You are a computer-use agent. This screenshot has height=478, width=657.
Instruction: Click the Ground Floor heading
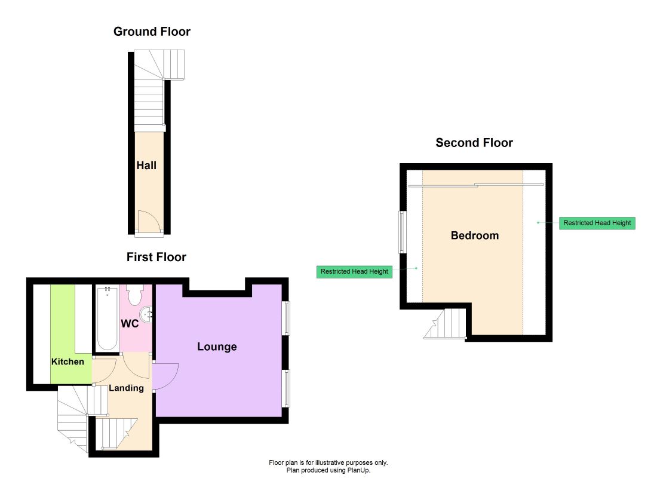click(x=152, y=32)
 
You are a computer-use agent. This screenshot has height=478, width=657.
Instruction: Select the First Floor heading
click(x=156, y=257)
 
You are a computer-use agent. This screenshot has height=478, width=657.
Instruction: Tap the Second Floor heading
click(x=474, y=143)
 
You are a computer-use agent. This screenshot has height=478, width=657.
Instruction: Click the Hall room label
click(x=146, y=166)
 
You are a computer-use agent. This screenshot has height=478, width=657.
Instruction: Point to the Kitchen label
click(x=67, y=362)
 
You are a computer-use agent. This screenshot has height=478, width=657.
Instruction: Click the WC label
click(x=130, y=324)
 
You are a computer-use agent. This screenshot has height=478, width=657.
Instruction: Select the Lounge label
click(x=217, y=347)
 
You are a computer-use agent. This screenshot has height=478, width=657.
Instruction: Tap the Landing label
click(x=126, y=388)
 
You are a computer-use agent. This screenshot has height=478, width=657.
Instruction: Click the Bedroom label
click(x=475, y=235)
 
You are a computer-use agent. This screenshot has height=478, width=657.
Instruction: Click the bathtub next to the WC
click(x=107, y=318)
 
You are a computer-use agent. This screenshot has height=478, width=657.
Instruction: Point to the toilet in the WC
click(x=135, y=295)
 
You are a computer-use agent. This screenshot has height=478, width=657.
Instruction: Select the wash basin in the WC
click(x=146, y=314)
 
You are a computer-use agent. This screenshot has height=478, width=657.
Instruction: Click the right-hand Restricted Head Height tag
click(x=597, y=223)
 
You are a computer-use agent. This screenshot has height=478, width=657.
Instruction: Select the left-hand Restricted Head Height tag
click(x=354, y=272)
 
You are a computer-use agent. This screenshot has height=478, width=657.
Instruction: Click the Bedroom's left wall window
click(x=402, y=232)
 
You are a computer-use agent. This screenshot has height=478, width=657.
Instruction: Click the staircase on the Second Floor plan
click(x=446, y=324)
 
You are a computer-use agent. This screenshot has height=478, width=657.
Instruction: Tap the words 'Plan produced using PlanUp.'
click(x=328, y=470)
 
